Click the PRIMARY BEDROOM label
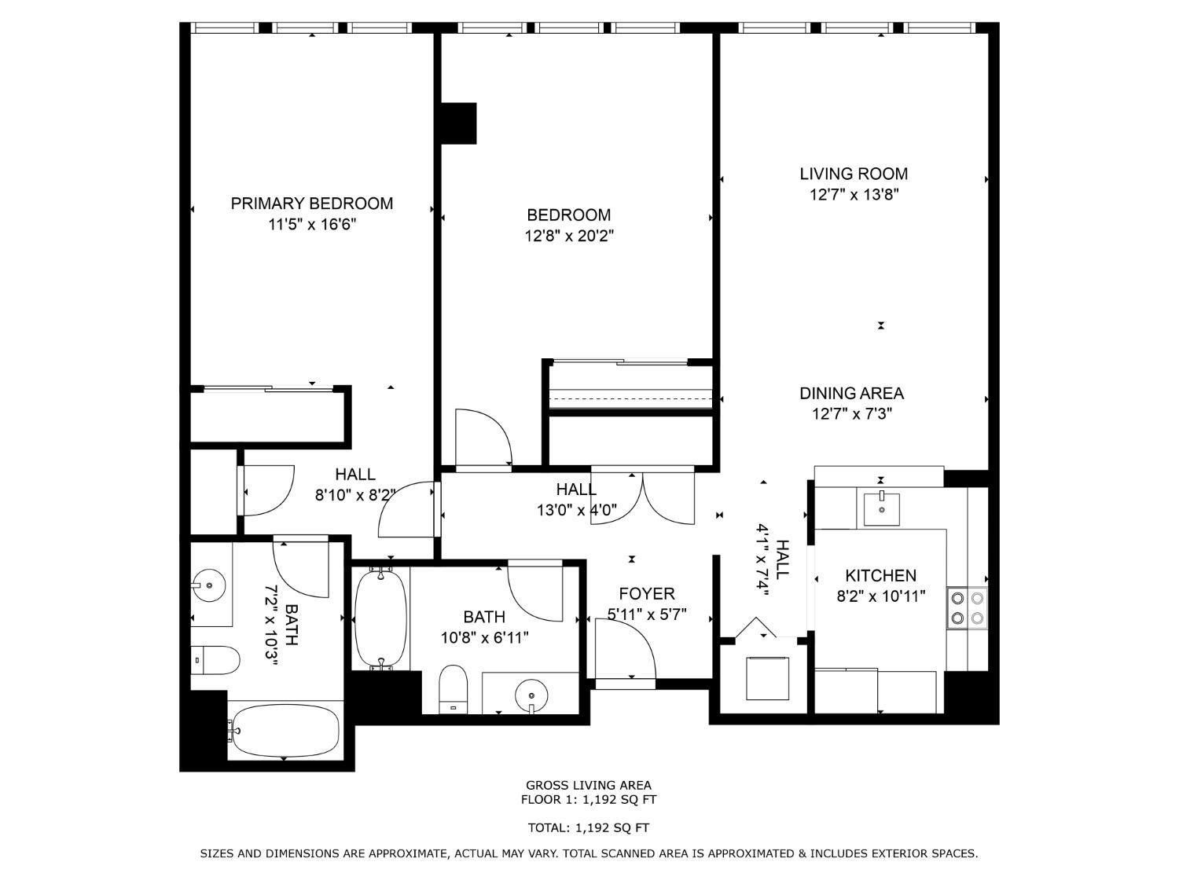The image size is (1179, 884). [x=311, y=204]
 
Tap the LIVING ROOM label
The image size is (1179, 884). [x=854, y=174]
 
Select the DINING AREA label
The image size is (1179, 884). [x=851, y=393]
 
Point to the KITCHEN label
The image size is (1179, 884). [x=880, y=575]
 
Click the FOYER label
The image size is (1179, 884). [x=646, y=593]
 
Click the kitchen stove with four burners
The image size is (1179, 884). [x=967, y=607]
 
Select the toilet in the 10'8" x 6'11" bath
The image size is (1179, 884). [x=453, y=689]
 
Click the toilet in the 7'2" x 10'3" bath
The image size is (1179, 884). [x=215, y=660]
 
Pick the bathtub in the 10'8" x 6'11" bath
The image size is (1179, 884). [x=381, y=620]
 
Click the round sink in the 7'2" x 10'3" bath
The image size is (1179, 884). [x=209, y=585]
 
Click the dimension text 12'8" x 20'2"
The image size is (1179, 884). [x=568, y=235]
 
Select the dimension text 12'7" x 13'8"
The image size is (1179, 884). [x=854, y=194]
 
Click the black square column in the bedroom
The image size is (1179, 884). [x=458, y=123]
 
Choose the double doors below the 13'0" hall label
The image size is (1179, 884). [x=643, y=497]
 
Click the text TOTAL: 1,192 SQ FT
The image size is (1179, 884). [x=588, y=827]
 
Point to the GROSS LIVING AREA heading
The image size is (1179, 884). [x=588, y=785]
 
